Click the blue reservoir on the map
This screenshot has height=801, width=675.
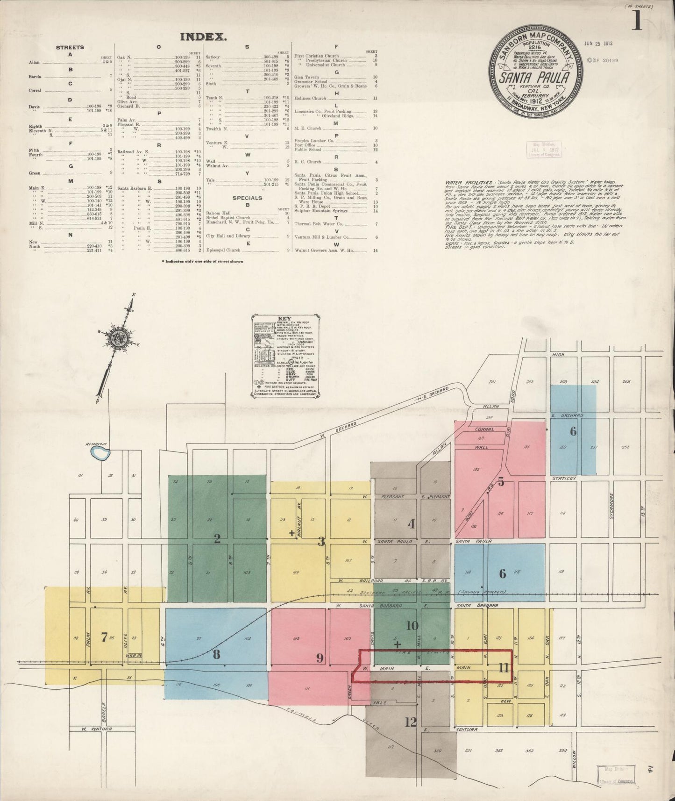[100, 452]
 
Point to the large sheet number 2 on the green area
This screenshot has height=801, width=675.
[217, 539]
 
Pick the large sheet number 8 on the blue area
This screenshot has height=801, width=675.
[216, 654]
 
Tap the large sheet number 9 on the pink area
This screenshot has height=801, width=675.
[320, 658]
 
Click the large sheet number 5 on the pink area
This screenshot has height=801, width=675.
[501, 482]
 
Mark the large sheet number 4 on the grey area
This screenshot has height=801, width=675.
[411, 524]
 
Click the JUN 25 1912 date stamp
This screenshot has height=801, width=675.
[598, 43]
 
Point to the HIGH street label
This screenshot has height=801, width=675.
[558, 355]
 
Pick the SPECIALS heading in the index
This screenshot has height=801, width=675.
[248, 198]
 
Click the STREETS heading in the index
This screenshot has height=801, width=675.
[70, 47]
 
